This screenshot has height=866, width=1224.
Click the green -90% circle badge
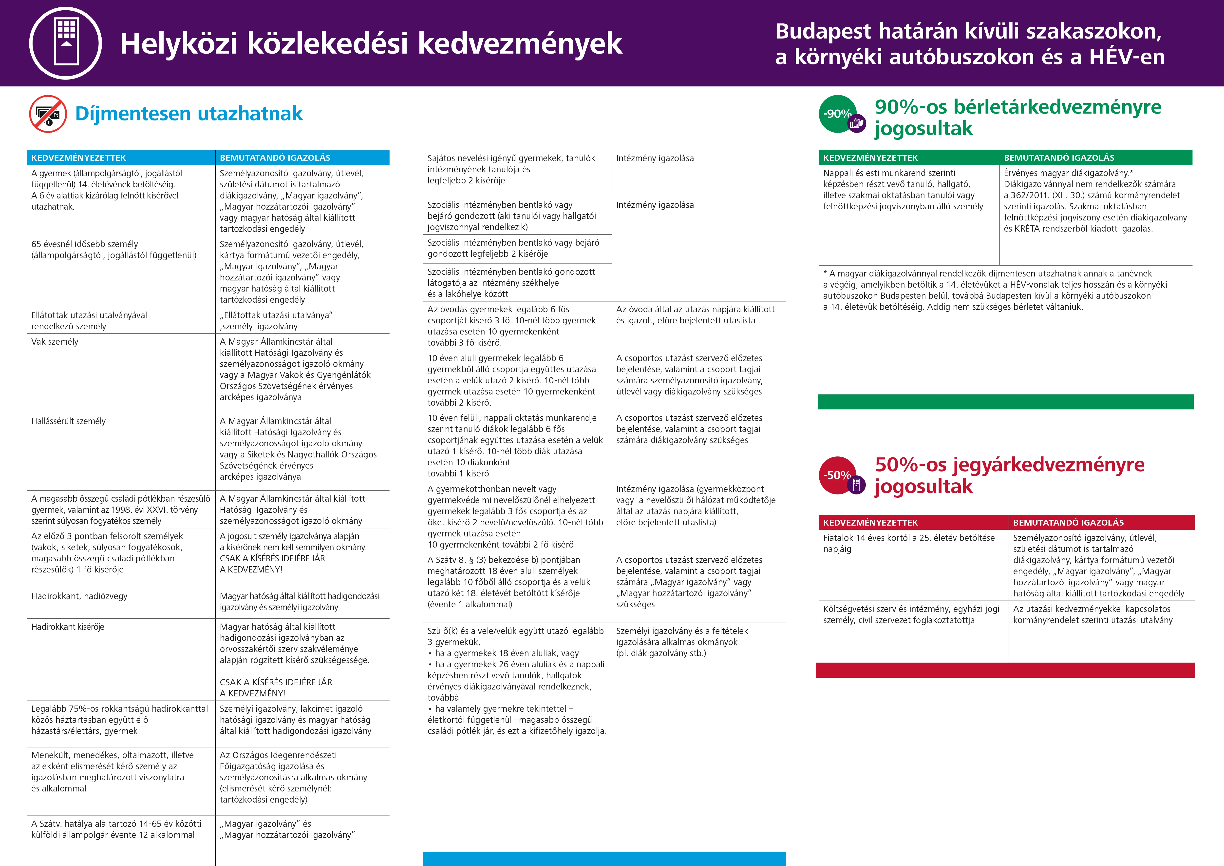837,114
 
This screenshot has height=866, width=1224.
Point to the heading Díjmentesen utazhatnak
189,114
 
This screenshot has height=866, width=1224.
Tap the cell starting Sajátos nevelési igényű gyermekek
511,169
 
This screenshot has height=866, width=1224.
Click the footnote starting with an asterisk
995,290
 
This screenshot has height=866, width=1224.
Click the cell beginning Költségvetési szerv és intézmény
910,614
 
